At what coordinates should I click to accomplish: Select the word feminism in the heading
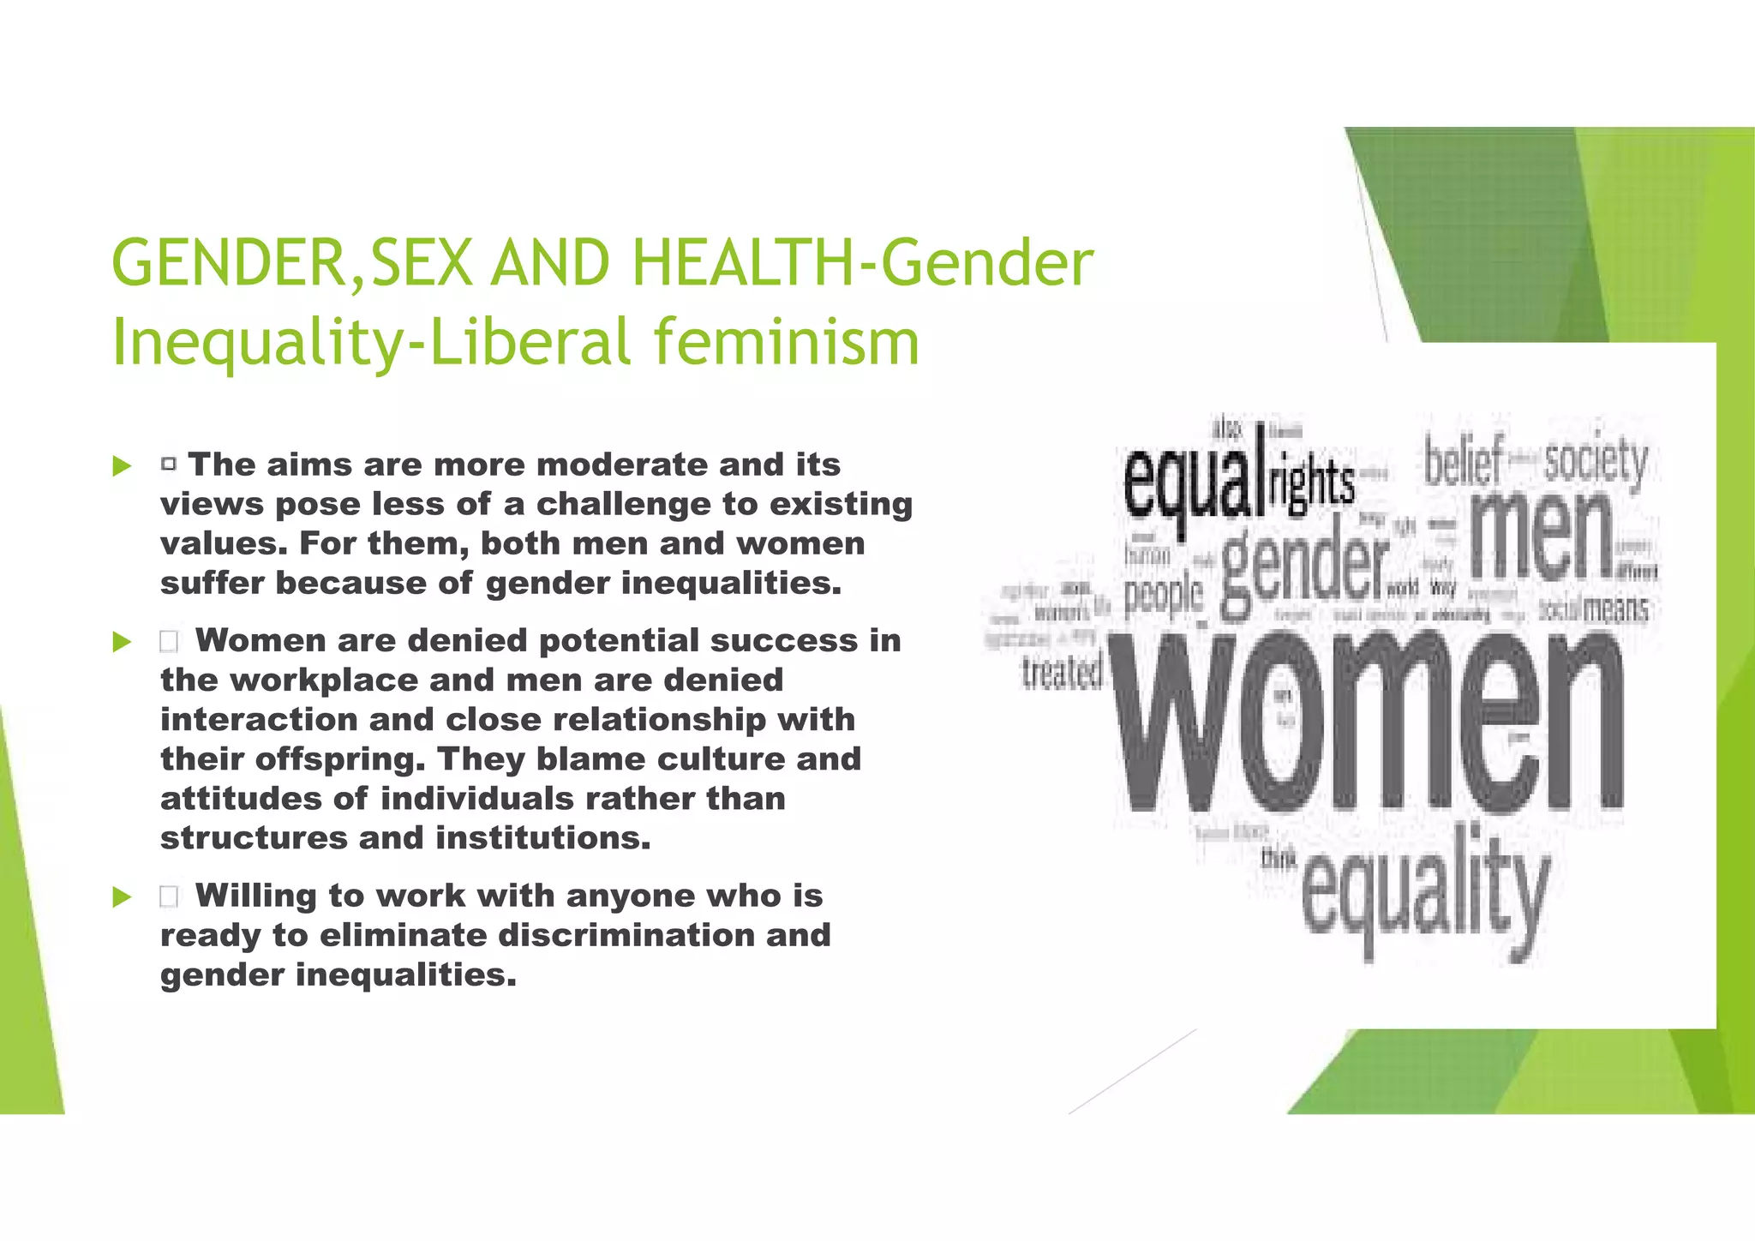coord(786,341)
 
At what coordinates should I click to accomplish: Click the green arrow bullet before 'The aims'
coord(122,467)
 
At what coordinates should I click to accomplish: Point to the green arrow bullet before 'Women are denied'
coord(122,642)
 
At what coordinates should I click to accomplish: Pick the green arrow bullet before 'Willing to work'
coord(122,897)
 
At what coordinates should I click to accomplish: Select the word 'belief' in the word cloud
coord(1463,462)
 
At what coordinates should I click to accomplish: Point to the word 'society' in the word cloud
coord(1596,462)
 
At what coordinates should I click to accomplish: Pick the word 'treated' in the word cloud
coord(1062,674)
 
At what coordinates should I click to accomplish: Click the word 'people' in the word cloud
coord(1163,594)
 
